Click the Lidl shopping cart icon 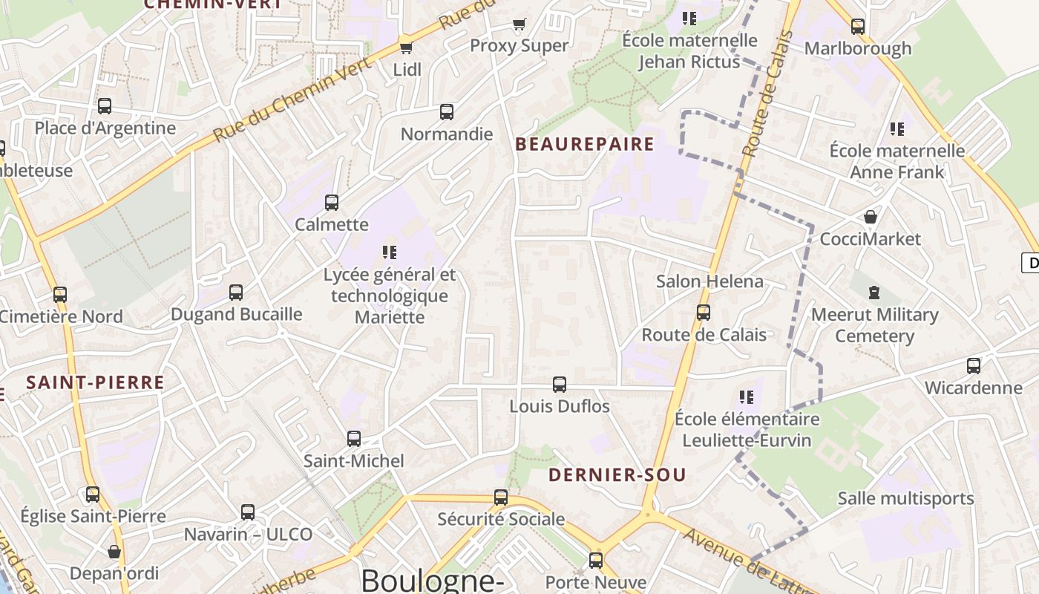406,48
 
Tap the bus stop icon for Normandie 447,112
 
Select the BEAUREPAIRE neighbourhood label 585,144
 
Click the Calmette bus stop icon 332,202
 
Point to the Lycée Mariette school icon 390,252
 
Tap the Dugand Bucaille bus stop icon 236,292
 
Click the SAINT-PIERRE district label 95,383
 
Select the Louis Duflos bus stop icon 560,385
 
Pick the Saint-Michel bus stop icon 354,439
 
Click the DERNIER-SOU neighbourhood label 617,475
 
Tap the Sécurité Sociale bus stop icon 501,497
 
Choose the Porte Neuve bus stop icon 596,561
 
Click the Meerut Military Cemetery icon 874,293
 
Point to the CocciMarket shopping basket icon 871,217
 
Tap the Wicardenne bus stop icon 973,365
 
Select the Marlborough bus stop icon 858,27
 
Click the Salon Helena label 709,281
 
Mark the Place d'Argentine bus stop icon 105,106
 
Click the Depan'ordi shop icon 114,552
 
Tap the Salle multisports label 905,498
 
